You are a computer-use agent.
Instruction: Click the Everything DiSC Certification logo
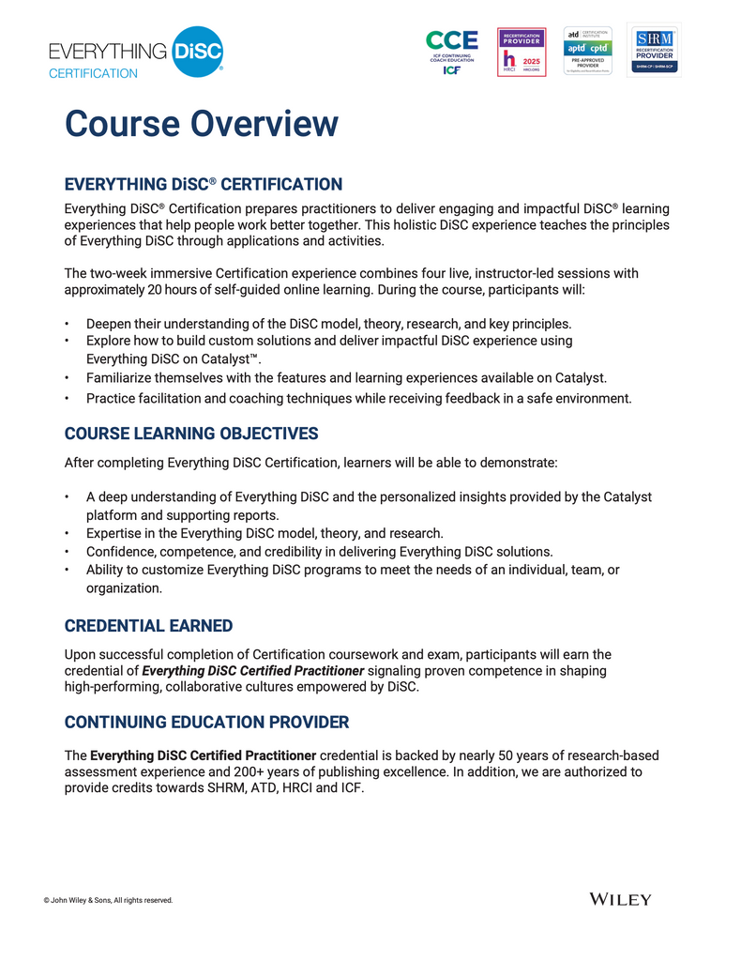point(136,53)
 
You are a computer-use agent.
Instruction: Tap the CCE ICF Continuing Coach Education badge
point(451,52)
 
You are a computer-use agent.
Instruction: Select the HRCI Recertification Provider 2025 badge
point(522,52)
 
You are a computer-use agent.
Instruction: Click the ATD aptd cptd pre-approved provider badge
point(587,51)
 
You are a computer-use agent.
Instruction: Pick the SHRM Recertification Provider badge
point(654,50)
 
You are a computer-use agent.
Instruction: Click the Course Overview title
point(201,124)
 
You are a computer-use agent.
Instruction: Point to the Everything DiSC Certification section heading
point(203,184)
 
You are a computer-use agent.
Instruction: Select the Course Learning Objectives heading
point(191,434)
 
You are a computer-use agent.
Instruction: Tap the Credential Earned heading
point(148,626)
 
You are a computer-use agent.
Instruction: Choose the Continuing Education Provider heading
point(206,722)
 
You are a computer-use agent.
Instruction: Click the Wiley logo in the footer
point(620,899)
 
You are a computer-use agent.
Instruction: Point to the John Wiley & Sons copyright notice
point(108,900)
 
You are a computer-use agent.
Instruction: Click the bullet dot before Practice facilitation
point(67,399)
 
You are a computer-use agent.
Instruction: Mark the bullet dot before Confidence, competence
point(67,552)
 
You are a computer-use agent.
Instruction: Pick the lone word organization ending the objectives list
point(122,588)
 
